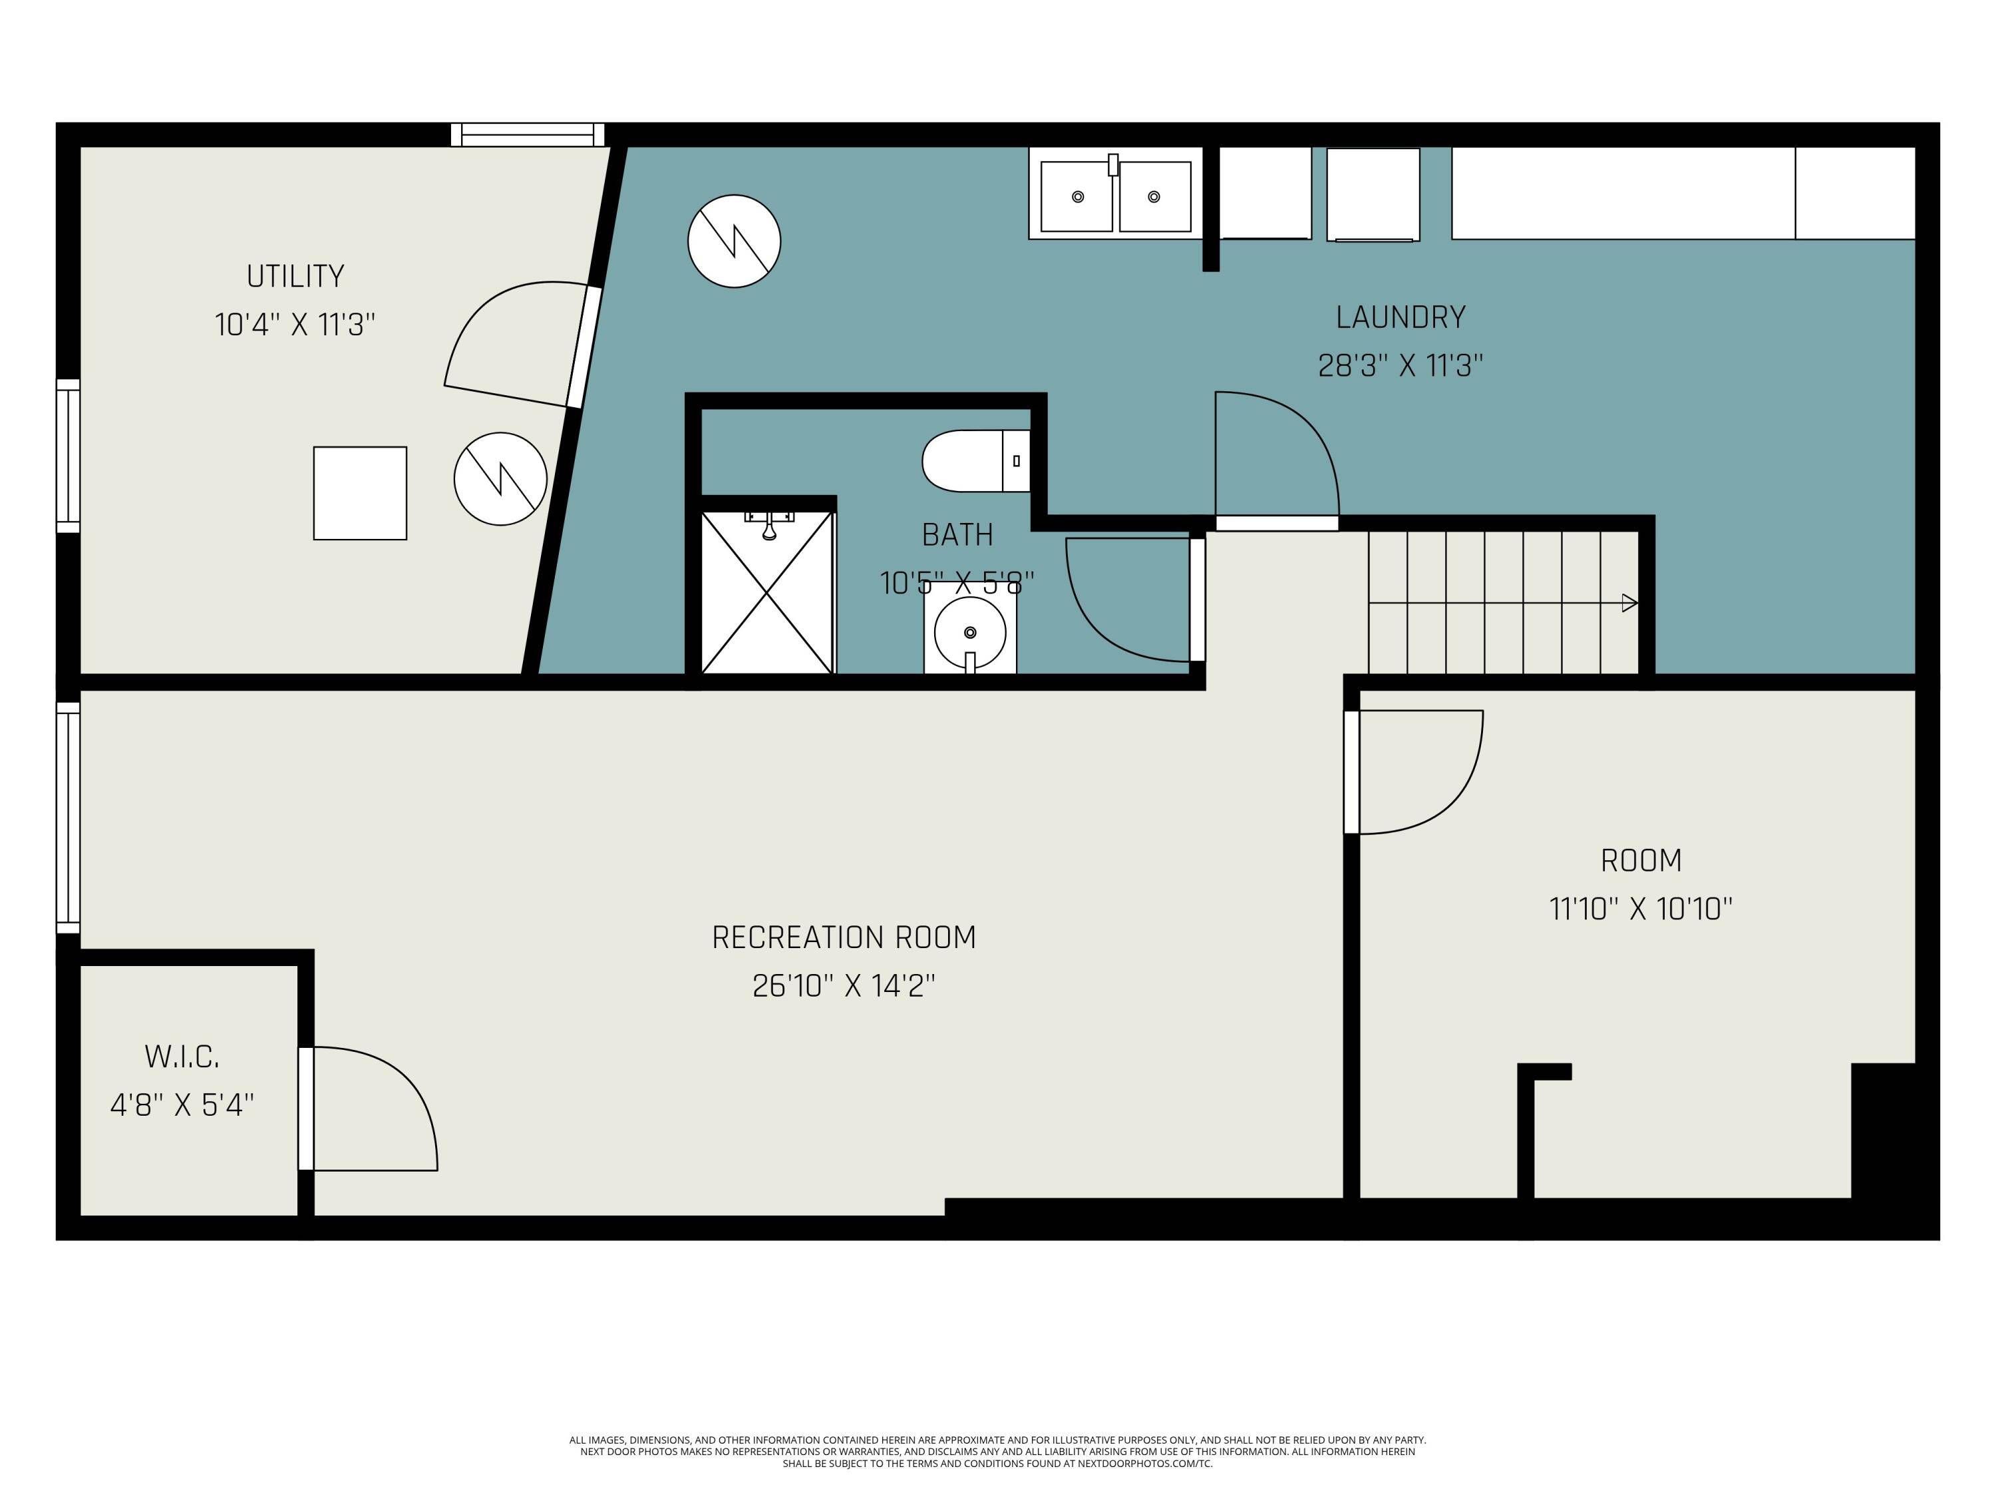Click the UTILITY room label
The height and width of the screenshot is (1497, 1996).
(295, 276)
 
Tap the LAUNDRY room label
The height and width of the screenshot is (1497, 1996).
(1401, 317)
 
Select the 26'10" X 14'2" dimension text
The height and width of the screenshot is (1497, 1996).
(844, 986)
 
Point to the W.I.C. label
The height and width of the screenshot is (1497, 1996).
(182, 1057)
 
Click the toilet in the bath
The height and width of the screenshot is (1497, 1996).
(975, 461)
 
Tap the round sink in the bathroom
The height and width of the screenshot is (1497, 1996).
(970, 631)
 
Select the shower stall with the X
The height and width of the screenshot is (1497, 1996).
(767, 593)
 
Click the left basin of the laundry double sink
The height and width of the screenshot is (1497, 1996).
(1077, 197)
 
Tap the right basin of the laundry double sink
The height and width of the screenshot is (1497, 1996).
(1154, 197)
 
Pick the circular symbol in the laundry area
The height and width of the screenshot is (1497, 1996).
(734, 241)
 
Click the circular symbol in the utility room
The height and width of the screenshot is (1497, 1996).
(500, 479)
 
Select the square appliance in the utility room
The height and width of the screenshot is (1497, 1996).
(360, 493)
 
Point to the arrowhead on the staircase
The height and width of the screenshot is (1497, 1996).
(1629, 603)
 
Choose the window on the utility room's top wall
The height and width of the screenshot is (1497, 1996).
(528, 135)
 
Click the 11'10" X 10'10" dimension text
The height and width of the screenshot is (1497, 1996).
(1641, 909)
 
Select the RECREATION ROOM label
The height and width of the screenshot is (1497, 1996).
(844, 937)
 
